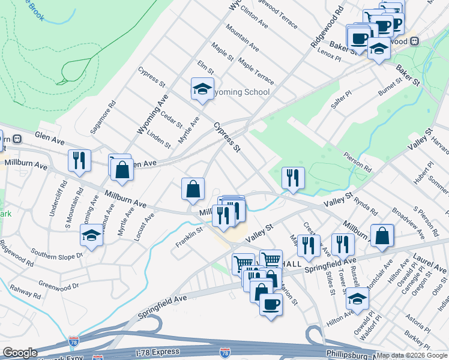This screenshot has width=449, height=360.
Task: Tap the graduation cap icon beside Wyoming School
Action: [202, 89]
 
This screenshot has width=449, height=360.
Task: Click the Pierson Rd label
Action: [359, 161]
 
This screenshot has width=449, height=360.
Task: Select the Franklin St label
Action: [189, 238]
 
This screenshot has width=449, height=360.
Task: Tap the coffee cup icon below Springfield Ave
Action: [271, 304]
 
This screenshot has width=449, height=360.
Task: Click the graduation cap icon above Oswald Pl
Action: [357, 298]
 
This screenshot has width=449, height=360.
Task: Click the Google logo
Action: [20, 353]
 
